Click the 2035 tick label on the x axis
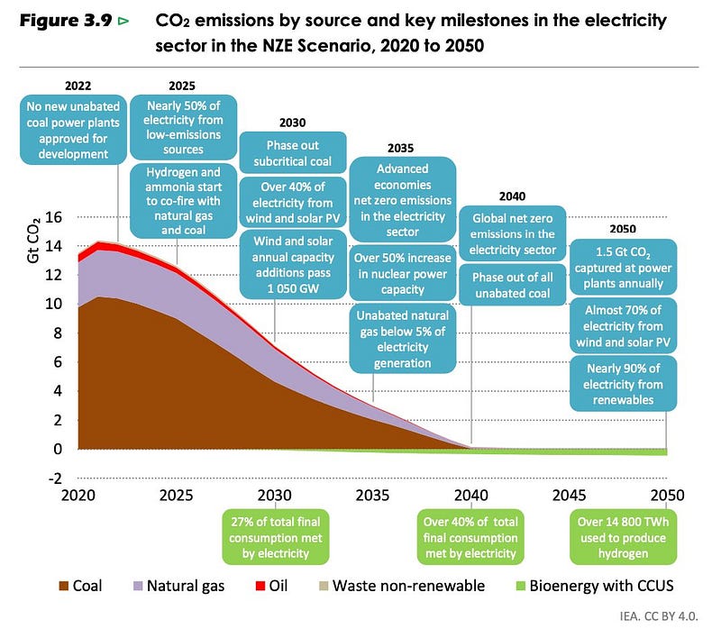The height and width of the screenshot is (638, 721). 373,496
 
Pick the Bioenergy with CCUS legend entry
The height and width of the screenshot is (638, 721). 595,586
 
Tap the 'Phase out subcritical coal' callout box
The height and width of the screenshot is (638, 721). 292,154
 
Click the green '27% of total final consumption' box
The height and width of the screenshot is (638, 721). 276,537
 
